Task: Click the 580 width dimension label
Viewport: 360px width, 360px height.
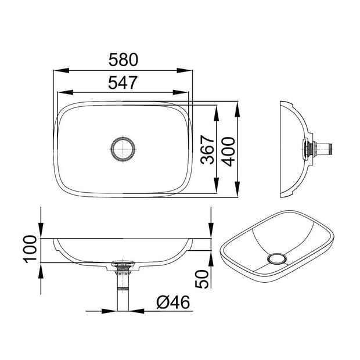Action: [123, 60]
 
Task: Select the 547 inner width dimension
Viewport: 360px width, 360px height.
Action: [123, 82]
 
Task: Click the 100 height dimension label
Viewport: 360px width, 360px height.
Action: [31, 250]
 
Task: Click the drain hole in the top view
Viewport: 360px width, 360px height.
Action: [124, 149]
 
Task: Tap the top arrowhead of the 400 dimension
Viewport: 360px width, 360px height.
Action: [237, 107]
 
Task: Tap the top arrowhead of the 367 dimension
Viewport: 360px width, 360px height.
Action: [216, 110]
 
